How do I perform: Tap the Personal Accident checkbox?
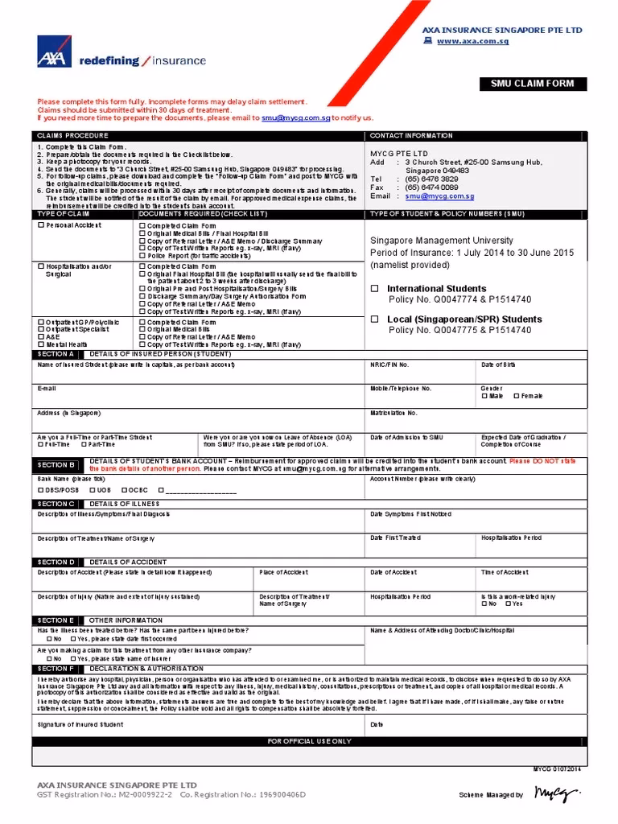point(41,226)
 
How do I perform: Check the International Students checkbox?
point(374,288)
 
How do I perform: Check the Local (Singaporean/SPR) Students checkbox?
point(374,319)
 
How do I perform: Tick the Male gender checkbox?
point(484,396)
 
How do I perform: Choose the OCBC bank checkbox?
point(125,489)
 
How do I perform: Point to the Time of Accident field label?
point(504,572)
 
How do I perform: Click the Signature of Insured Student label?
point(80,724)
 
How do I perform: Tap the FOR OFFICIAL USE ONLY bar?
point(309,741)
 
